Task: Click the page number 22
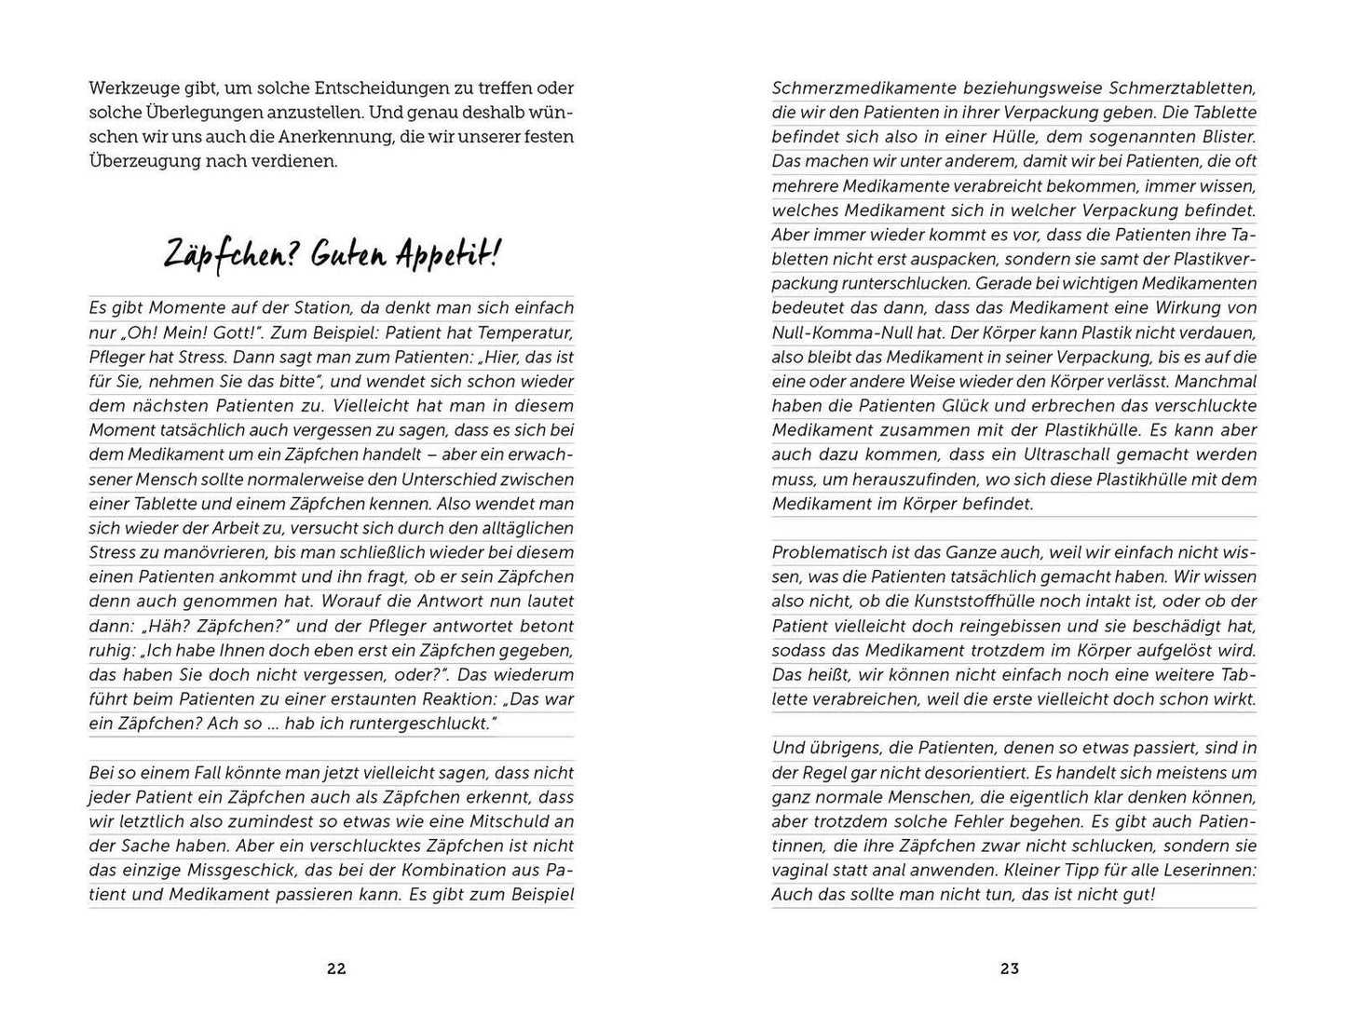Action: coord(336,968)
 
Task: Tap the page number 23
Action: coord(1010,968)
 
